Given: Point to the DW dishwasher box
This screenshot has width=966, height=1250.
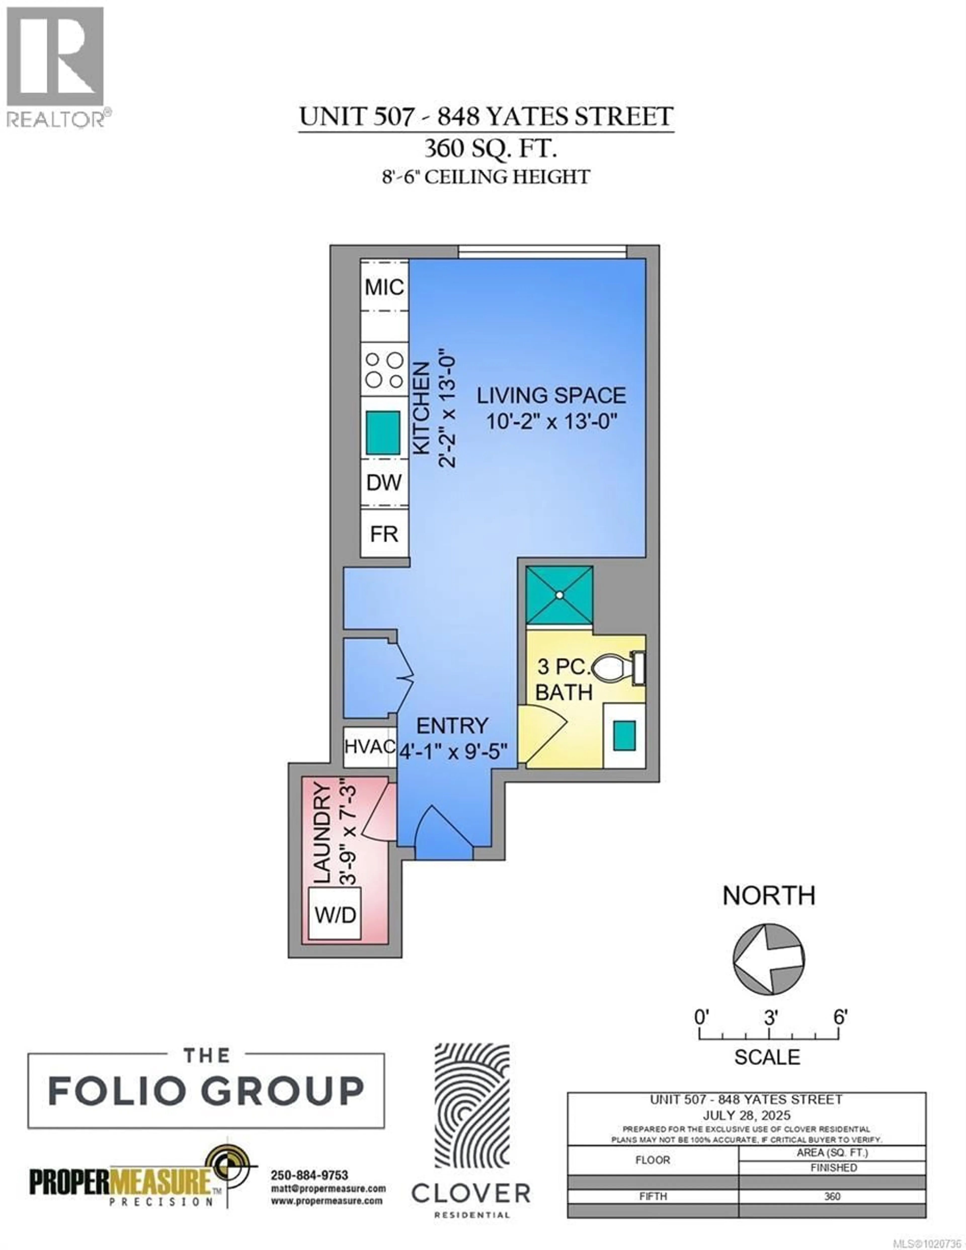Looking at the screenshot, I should (x=384, y=483).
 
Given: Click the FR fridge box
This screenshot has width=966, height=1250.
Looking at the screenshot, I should (x=384, y=534).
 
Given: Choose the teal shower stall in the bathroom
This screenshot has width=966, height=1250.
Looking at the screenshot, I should (x=559, y=595).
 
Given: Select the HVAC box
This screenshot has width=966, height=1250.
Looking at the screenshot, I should (x=369, y=747).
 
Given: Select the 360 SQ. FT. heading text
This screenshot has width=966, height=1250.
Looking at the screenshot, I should (x=490, y=149).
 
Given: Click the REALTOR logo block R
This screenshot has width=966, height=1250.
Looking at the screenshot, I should (x=55, y=56).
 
